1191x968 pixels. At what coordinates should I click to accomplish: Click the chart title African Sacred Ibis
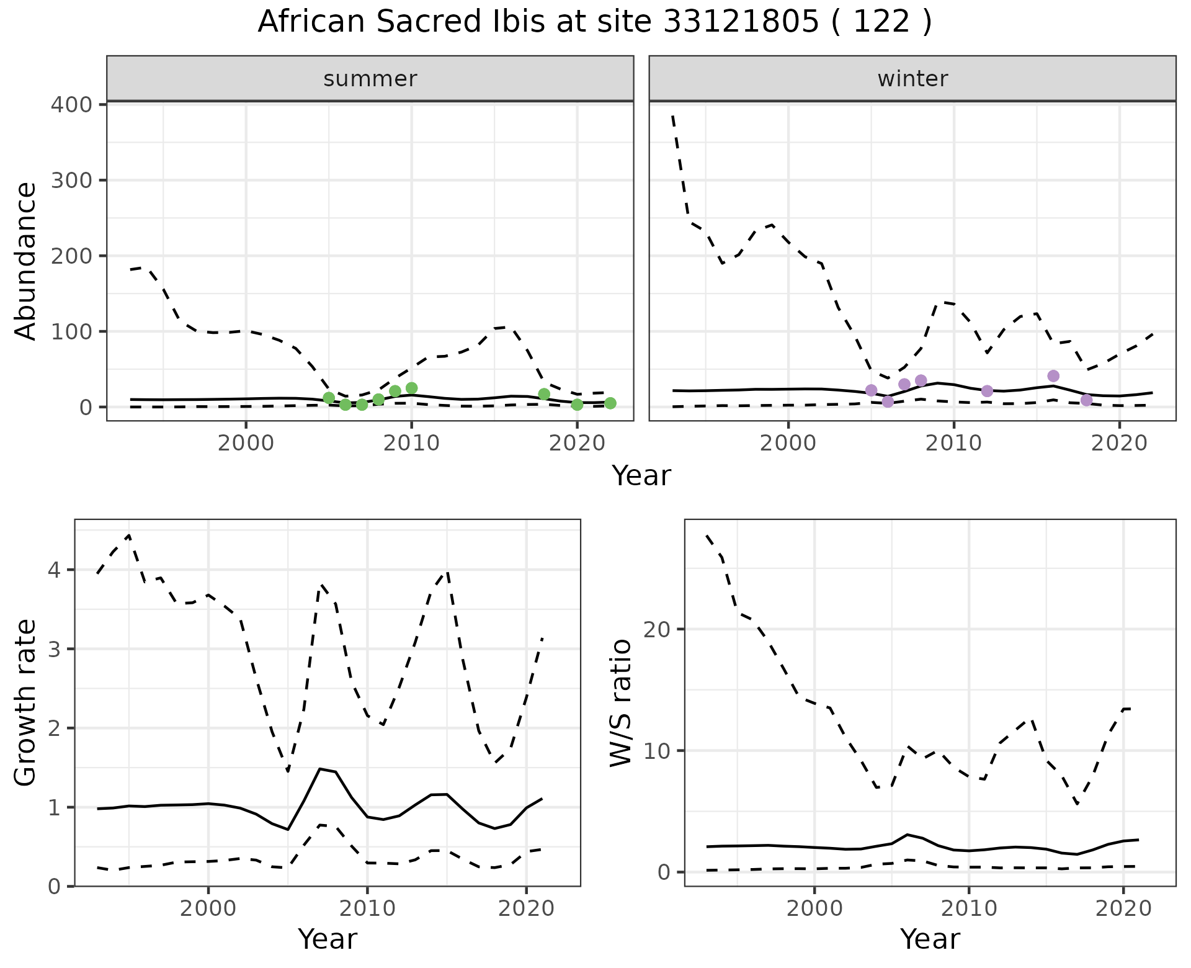(x=594, y=22)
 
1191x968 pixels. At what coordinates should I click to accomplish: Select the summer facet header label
(x=370, y=79)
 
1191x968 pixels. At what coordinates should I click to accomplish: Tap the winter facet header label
(x=912, y=79)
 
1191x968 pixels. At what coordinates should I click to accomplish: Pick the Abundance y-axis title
(x=26, y=261)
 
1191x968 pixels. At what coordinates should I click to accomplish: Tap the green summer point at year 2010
(x=411, y=388)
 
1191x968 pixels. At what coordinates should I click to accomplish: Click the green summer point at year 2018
(x=544, y=394)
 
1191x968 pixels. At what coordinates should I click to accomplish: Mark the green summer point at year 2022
(x=610, y=403)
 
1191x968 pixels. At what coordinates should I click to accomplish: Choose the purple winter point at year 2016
(x=1053, y=376)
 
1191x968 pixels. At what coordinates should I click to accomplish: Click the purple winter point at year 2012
(x=987, y=391)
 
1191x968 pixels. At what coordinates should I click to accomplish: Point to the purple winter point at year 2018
(x=1086, y=400)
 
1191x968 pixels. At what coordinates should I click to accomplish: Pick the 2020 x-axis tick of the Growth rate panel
(x=526, y=909)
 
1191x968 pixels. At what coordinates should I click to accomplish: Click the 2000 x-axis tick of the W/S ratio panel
(x=814, y=909)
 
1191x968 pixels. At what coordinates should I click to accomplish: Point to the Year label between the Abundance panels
(x=641, y=476)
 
